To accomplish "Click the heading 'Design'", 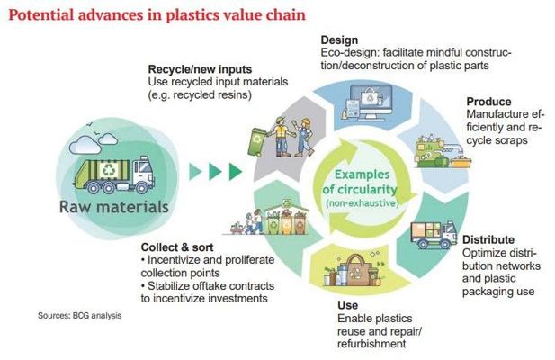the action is pyautogui.click(x=339, y=40).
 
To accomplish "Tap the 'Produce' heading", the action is pyautogui.click(x=488, y=102).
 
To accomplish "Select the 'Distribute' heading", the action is pyautogui.click(x=488, y=239).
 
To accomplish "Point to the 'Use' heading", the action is pyautogui.click(x=347, y=305).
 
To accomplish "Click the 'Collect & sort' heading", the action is pyautogui.click(x=177, y=247).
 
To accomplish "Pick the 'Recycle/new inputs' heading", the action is pyautogui.click(x=200, y=69).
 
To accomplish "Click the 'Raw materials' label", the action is pyautogui.click(x=114, y=207).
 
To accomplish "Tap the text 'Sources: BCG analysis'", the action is pyautogui.click(x=80, y=315).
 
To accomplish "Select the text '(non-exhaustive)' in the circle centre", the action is pyautogui.click(x=363, y=203).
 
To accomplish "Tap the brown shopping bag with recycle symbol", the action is pyautogui.click(x=356, y=271).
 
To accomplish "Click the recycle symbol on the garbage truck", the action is pyautogui.click(x=107, y=170).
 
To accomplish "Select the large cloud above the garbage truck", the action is pyautogui.click(x=85, y=144).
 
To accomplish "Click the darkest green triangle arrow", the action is pyautogui.click(x=236, y=171).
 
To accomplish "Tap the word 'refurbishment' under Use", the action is pyautogui.click(x=371, y=344).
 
